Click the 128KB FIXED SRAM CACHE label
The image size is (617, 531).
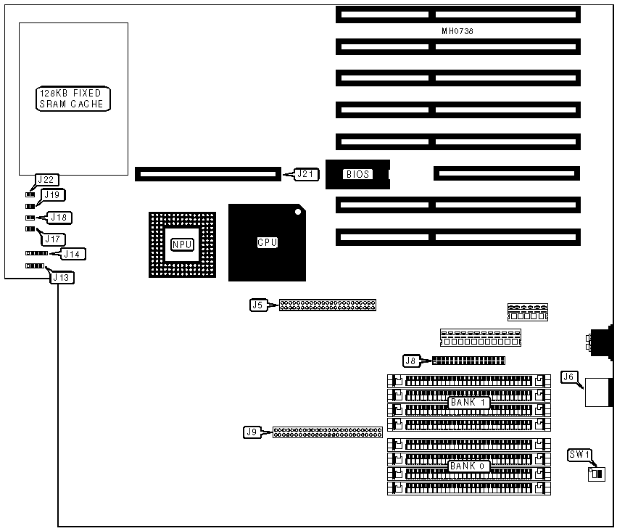point(73,99)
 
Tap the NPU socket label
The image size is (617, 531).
point(182,244)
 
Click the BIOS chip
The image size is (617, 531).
point(357,174)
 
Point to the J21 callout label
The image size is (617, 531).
point(305,174)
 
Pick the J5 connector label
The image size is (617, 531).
point(257,305)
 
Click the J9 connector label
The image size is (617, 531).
point(252,432)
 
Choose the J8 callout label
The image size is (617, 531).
point(410,360)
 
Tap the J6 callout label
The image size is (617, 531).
point(569,377)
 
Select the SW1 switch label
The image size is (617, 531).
point(580,456)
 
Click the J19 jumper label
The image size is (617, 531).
point(52,194)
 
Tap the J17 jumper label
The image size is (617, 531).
point(55,239)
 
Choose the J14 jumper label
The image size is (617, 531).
point(73,254)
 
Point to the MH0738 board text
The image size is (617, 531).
point(457,32)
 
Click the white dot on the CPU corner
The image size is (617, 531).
point(297,212)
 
